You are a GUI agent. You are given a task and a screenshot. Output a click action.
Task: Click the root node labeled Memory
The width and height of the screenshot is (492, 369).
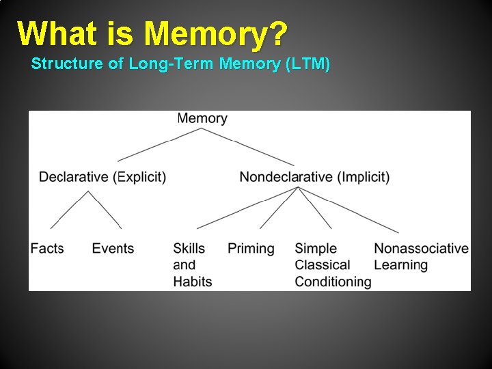click(x=202, y=118)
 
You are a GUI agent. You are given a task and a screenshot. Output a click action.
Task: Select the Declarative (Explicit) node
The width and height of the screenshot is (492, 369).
click(x=102, y=177)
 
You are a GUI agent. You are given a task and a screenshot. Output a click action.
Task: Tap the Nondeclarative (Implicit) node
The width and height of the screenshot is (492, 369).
click(x=314, y=177)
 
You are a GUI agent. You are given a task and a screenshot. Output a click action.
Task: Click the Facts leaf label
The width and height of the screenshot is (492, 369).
click(x=47, y=248)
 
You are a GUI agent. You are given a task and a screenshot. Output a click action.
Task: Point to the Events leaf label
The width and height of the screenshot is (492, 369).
click(x=113, y=248)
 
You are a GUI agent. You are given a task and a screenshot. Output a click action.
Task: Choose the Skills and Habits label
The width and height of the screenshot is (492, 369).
click(x=192, y=264)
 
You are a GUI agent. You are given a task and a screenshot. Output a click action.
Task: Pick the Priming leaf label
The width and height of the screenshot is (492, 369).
click(x=251, y=248)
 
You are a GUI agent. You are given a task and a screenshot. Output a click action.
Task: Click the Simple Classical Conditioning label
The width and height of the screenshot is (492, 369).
click(x=333, y=264)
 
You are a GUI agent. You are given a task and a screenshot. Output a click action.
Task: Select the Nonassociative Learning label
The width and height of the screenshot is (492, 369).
click(x=421, y=256)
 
